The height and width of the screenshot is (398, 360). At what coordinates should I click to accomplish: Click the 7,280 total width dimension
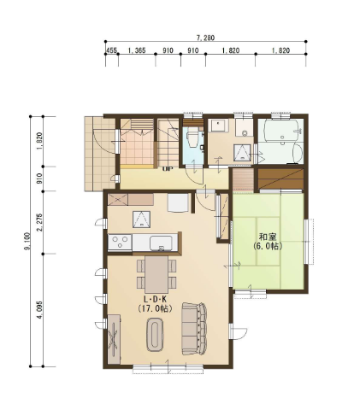pos(205,38)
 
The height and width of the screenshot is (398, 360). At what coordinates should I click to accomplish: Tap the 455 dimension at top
pos(111,50)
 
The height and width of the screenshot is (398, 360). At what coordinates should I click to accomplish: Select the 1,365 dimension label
pos(137,50)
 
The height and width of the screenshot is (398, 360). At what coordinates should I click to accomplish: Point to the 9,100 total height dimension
pos(27,242)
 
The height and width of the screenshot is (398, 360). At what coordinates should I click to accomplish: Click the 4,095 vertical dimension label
pos(40,310)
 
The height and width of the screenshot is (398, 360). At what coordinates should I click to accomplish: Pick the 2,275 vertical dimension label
pos(40,222)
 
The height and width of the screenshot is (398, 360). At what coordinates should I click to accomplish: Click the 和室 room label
pos(268,237)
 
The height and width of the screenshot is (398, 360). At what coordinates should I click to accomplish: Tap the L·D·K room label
pos(155,299)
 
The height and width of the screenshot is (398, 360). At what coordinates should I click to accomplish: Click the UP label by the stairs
pos(168,169)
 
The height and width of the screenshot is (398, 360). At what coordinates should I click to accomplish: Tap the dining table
pos(156,274)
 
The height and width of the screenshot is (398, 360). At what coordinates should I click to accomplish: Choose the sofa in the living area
pos(194,329)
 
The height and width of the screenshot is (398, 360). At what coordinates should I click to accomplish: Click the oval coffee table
pos(156,335)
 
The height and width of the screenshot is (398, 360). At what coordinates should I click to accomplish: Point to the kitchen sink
pos(161,243)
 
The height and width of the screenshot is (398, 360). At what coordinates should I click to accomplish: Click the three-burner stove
pos(120,243)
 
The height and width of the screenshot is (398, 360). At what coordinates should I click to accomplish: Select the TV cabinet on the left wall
pos(115,339)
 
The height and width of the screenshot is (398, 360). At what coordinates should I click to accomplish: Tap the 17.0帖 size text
pos(155,308)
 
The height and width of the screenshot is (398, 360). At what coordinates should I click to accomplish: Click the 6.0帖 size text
pos(268,246)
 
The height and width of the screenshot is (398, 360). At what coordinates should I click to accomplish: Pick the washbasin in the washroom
pos(218,125)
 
